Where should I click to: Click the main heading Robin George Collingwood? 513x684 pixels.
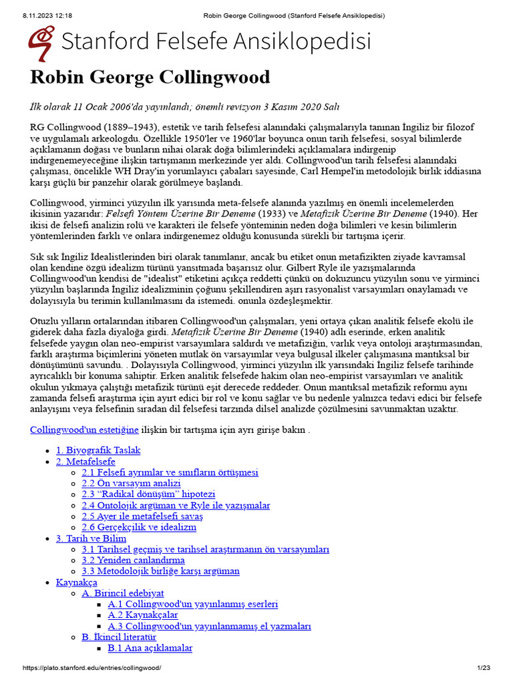click(150, 77)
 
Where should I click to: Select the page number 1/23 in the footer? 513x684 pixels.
click(484, 668)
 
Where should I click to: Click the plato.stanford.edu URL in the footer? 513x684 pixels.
click(92, 668)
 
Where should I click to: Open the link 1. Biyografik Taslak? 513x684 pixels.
click(98, 450)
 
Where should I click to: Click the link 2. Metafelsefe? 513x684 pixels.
click(85, 462)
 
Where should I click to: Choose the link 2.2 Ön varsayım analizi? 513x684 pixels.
click(131, 484)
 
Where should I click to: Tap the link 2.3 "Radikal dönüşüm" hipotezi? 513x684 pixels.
click(148, 494)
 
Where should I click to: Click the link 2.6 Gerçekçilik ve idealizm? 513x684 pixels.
click(139, 527)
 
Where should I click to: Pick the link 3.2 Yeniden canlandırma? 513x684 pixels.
click(133, 560)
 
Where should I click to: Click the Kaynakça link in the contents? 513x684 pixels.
click(77, 582)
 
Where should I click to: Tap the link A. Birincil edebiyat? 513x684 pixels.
click(123, 593)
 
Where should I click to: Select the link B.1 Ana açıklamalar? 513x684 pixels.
click(150, 648)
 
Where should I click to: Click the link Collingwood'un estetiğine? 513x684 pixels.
click(84, 430)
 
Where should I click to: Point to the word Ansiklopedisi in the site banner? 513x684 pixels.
click(292, 41)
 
